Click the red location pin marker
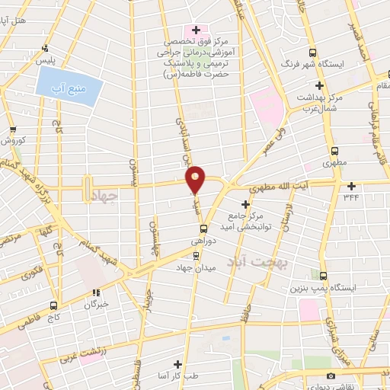pos(196,179)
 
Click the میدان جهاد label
pos(197,267)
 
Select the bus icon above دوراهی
pos(203,228)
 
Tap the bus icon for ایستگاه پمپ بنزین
pos(325,276)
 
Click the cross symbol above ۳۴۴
pos(351,186)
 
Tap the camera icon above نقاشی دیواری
pos(330,376)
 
